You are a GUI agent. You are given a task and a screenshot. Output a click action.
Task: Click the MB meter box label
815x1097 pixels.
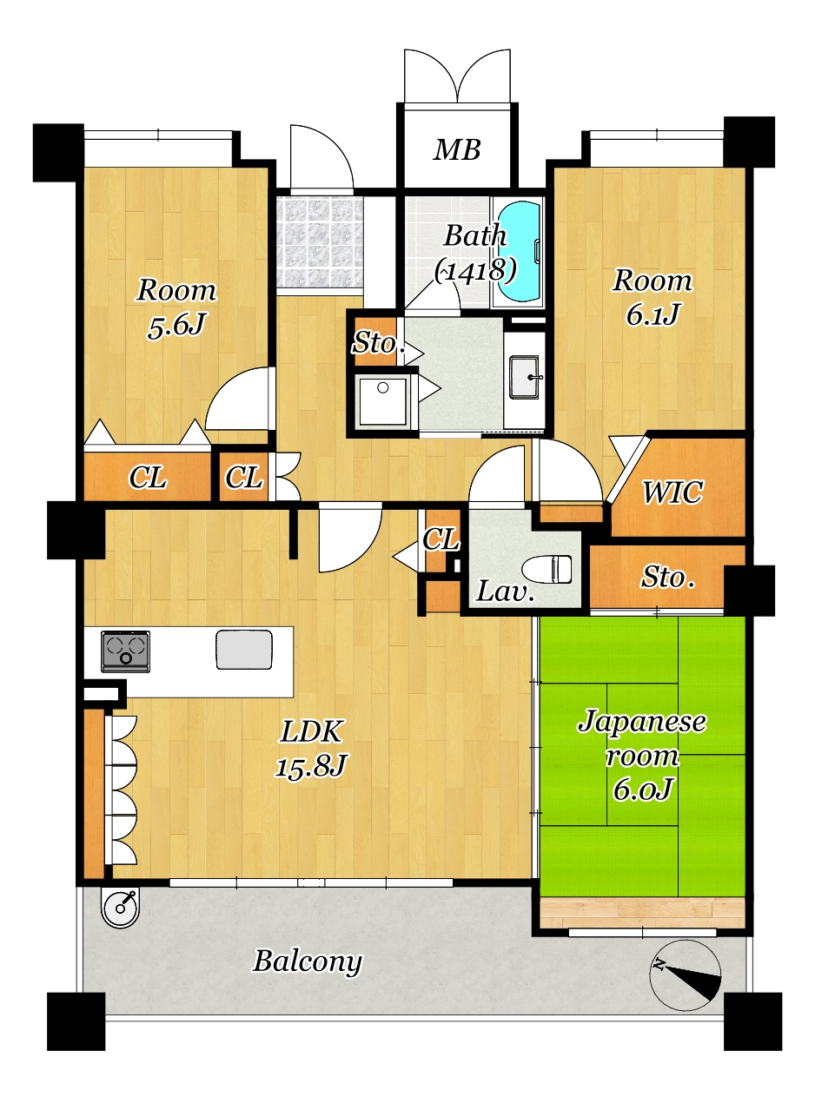pos(457,149)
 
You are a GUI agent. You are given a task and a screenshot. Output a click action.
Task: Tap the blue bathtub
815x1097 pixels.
pos(519,251)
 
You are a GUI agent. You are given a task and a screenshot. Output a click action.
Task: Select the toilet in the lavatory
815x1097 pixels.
pos(547,568)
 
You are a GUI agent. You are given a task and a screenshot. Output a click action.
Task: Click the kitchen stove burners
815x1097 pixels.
pos(126,651)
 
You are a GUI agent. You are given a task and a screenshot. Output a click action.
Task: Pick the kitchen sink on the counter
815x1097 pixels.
pos(244,650)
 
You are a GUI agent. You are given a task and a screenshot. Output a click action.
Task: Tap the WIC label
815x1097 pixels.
pos(672,492)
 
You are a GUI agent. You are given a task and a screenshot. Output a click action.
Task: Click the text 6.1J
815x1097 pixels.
pos(653,314)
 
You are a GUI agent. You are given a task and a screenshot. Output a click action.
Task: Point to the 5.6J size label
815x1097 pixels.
pos(176,325)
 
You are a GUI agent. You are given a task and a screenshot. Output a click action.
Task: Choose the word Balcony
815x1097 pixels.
pos(308,962)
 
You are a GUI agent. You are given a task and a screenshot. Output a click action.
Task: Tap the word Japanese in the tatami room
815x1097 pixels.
pos(642,722)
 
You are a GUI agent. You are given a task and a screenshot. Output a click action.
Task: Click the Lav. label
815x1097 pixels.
pos(505,591)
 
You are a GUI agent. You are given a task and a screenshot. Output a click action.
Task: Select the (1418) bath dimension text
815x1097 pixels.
pos(475,270)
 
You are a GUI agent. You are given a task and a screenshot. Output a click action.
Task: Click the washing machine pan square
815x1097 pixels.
pos(382,401)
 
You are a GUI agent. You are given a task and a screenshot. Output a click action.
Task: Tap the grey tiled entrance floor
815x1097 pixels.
pos(320,241)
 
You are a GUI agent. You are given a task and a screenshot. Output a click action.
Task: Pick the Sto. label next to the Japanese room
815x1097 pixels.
pos(668,578)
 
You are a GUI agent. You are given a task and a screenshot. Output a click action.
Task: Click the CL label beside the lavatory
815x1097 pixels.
pos(441,539)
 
